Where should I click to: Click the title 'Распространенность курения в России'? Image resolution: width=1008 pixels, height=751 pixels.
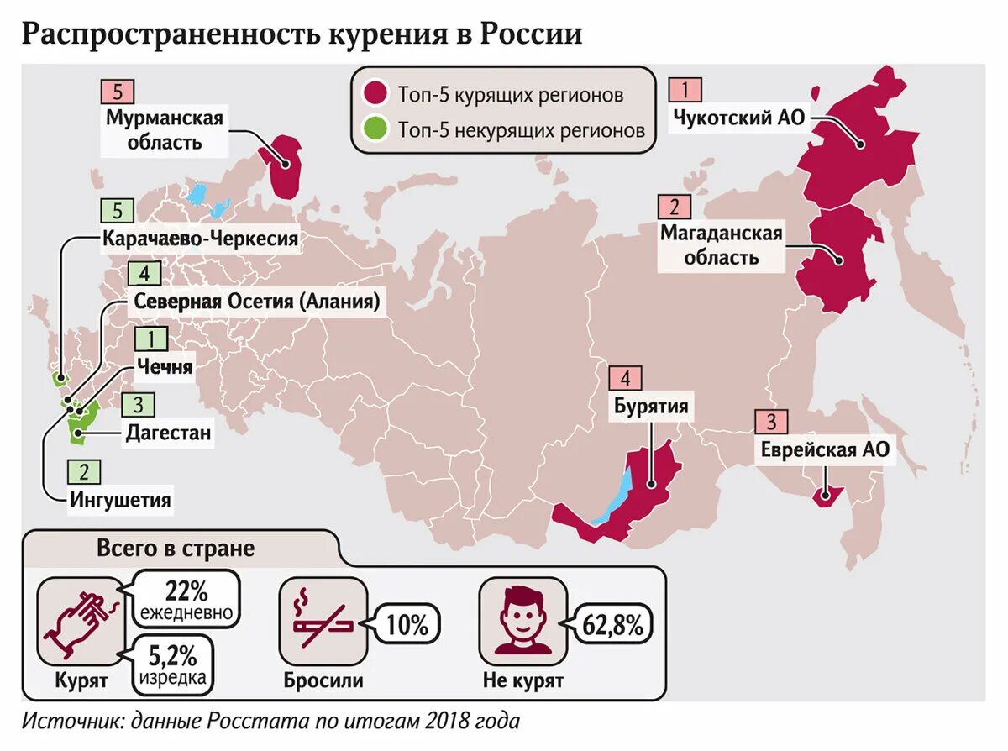coord(302,34)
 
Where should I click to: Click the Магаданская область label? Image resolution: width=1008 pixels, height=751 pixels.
coord(721,244)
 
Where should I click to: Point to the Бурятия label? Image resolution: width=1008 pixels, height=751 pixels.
coord(651,407)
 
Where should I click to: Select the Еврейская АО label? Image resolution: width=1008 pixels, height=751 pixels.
coord(824,449)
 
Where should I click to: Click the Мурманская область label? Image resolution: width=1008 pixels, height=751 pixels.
coord(165,129)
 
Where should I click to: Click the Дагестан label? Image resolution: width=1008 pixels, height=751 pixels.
coord(168,433)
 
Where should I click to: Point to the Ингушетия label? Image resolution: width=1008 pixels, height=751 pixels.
coord(120,501)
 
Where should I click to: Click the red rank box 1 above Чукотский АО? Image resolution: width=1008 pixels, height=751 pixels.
coord(685,90)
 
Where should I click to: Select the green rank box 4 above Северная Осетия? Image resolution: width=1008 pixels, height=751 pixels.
coord(144,275)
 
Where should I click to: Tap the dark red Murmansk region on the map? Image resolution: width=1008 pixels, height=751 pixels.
coord(283,165)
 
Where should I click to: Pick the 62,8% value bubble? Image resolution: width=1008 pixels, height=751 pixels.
coord(612,625)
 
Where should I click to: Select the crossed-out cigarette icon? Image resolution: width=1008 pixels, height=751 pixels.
coord(321,620)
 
